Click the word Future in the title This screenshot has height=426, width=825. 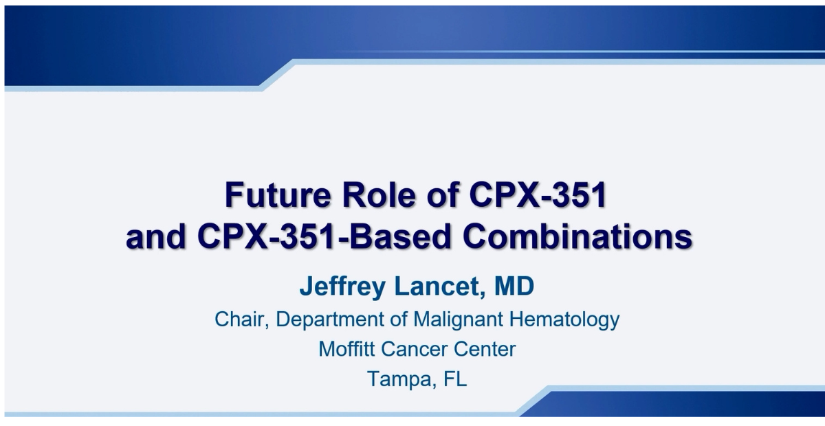coord(278,194)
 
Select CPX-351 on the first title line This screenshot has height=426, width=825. coord(538,194)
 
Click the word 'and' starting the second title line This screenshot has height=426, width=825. coord(156,236)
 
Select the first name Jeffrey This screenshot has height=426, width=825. coord(342,287)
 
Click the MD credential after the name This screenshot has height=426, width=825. coord(514,286)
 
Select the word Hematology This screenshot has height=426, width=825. coord(564,319)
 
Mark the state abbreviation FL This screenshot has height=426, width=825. coord(455,379)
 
